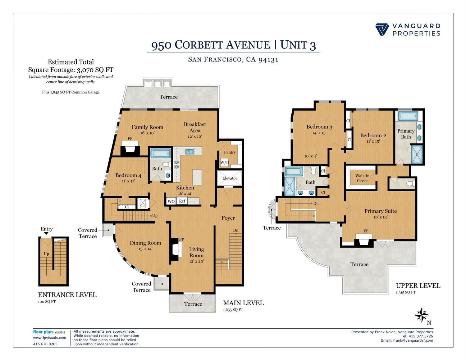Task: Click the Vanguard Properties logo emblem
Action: pos(382,30)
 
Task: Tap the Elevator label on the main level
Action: pos(230,178)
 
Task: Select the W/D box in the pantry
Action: pos(225,162)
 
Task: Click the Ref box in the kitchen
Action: pos(182,201)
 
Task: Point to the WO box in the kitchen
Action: pos(171,201)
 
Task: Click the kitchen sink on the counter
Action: pos(190,152)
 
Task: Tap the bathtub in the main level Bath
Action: pos(160,153)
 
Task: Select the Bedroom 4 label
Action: pos(128,175)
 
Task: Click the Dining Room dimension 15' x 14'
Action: pos(145,249)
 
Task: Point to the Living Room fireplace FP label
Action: pos(182,239)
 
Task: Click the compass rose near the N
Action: pos(421,315)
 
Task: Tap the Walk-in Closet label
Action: pos(362,178)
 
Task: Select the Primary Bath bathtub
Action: pos(409,116)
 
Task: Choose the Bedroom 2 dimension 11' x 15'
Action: pos(373,141)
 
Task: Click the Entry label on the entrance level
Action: pos(47,229)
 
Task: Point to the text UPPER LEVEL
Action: pos(418,285)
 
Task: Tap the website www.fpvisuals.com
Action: pos(50,338)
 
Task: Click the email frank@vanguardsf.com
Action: pos(413,340)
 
